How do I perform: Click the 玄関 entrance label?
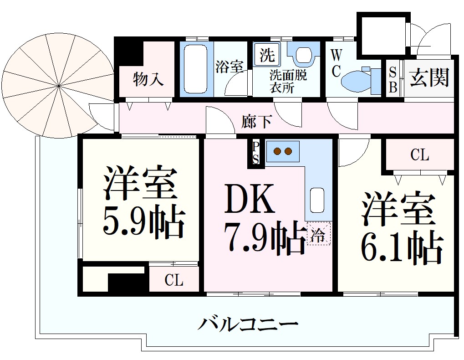429,77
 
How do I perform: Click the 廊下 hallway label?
257,122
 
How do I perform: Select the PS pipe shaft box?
256,153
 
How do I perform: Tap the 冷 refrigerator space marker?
319,234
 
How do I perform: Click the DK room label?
250,200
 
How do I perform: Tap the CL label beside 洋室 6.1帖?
419,155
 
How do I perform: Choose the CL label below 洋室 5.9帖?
174,280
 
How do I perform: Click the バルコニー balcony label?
248,324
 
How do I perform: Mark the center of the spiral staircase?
60,86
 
